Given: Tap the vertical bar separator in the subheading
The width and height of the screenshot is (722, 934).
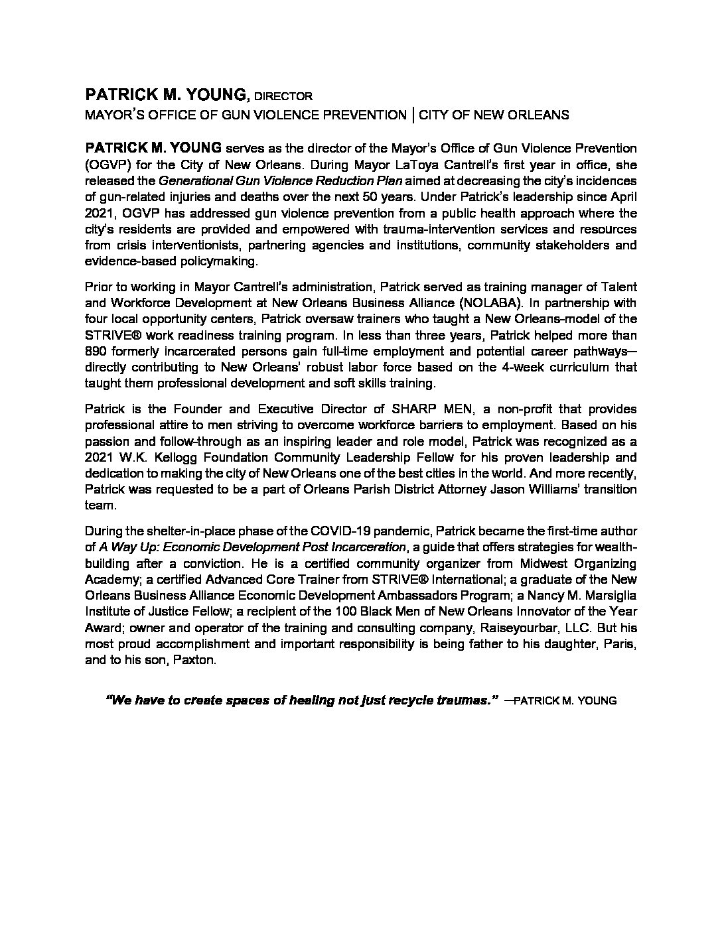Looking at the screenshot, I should pos(413,114).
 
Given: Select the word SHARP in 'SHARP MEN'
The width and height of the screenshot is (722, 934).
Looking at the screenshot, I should pos(411,409).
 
